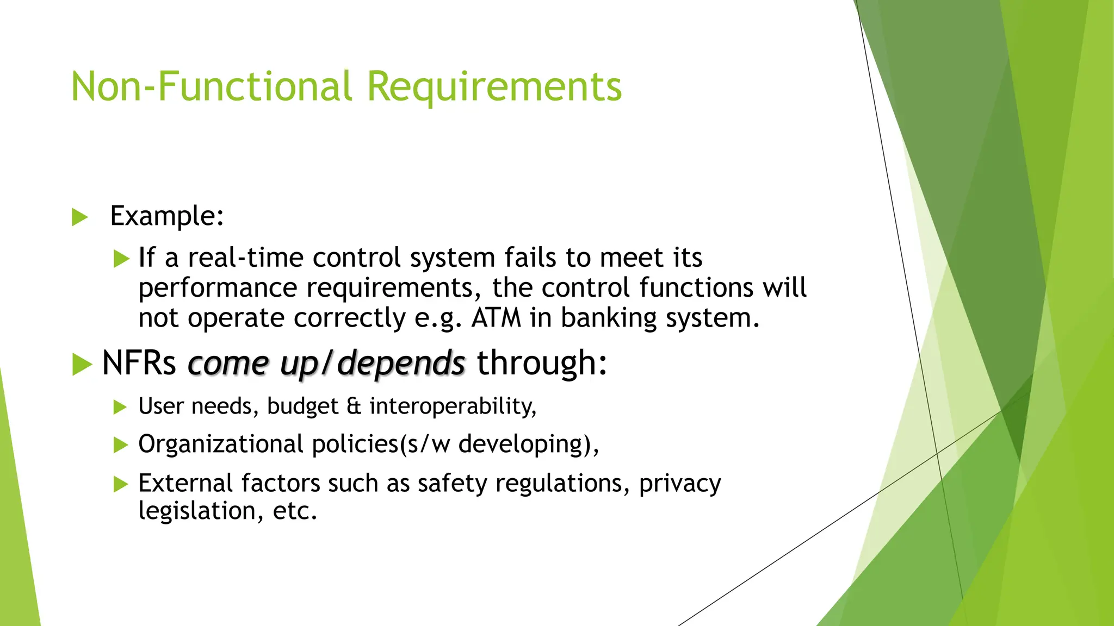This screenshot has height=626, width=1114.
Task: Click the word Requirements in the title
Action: click(494, 87)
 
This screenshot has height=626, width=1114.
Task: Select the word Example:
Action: click(167, 216)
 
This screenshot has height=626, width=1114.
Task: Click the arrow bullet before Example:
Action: click(79, 217)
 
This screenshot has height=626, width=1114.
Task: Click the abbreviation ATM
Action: click(496, 318)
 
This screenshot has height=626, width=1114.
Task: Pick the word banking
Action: click(609, 318)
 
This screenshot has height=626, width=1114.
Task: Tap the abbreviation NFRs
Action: click(139, 363)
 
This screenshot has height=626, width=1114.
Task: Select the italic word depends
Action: click(401, 363)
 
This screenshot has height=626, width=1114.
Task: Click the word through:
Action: click(542, 363)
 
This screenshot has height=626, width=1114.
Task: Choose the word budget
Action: click(302, 406)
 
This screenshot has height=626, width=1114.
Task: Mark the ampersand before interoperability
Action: click(354, 406)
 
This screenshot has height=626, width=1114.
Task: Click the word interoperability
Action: click(453, 406)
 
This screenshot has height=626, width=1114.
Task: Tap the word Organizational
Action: click(220, 445)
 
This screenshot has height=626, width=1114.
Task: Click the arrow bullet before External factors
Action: click(120, 484)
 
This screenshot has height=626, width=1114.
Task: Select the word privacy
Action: click(680, 484)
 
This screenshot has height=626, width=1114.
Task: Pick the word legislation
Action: click(197, 511)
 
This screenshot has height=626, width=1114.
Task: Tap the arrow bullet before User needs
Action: click(120, 407)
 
